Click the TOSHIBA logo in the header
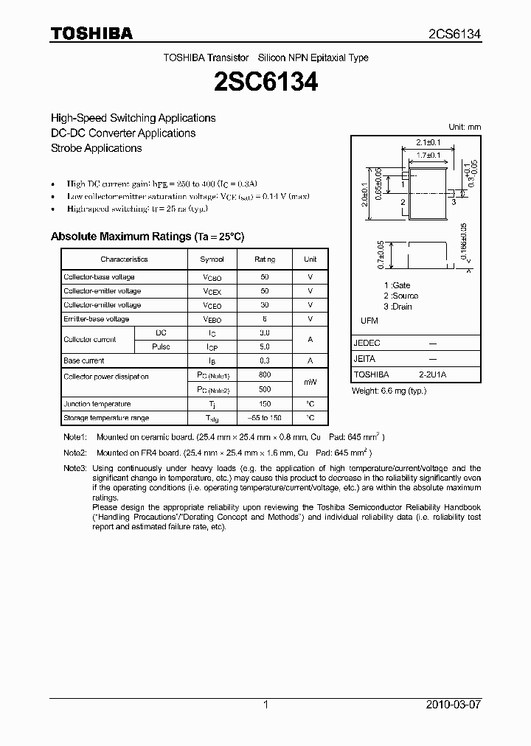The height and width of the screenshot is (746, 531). click(x=91, y=33)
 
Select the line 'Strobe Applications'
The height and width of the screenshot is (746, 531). click(x=96, y=148)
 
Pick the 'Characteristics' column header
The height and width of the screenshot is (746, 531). click(x=124, y=259)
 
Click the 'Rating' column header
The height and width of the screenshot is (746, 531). click(x=265, y=259)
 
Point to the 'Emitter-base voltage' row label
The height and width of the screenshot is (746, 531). click(x=97, y=319)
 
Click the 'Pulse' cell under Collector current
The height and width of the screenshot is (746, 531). click(x=161, y=346)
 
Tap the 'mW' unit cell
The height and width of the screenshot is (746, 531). click(x=310, y=383)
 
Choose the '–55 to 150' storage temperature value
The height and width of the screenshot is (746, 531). click(x=265, y=418)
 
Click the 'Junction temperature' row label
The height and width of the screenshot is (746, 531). click(x=97, y=404)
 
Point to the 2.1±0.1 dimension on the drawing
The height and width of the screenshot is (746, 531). click(x=428, y=142)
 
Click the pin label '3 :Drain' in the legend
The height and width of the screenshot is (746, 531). click(x=398, y=307)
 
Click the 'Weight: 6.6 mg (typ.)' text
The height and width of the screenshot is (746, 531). click(x=389, y=391)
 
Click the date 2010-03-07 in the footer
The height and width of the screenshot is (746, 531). click(x=454, y=705)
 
